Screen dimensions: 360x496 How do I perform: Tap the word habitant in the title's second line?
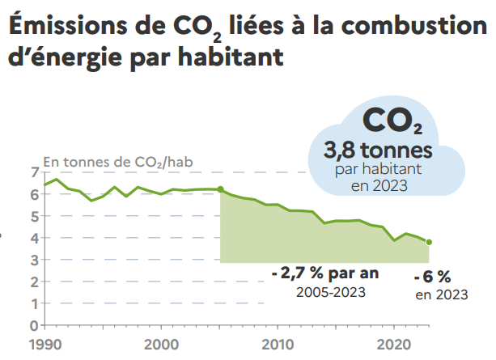click(x=238, y=59)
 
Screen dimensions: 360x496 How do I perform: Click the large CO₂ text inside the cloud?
click(x=392, y=122)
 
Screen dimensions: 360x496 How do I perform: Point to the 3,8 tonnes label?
click(x=377, y=150)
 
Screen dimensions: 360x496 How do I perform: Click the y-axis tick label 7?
click(x=34, y=172)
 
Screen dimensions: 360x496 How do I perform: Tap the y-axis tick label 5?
click(x=34, y=216)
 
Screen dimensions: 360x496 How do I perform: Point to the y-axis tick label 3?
click(x=34, y=260)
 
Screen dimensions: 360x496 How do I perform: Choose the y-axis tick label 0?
click(x=34, y=325)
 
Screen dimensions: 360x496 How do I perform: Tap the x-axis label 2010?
click(x=278, y=343)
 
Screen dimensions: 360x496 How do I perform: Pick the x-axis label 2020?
click(x=393, y=343)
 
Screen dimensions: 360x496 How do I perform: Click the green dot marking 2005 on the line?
click(x=220, y=189)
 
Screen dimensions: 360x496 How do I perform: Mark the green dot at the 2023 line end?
click(x=429, y=242)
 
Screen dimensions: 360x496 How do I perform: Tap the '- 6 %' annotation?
click(x=438, y=277)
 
